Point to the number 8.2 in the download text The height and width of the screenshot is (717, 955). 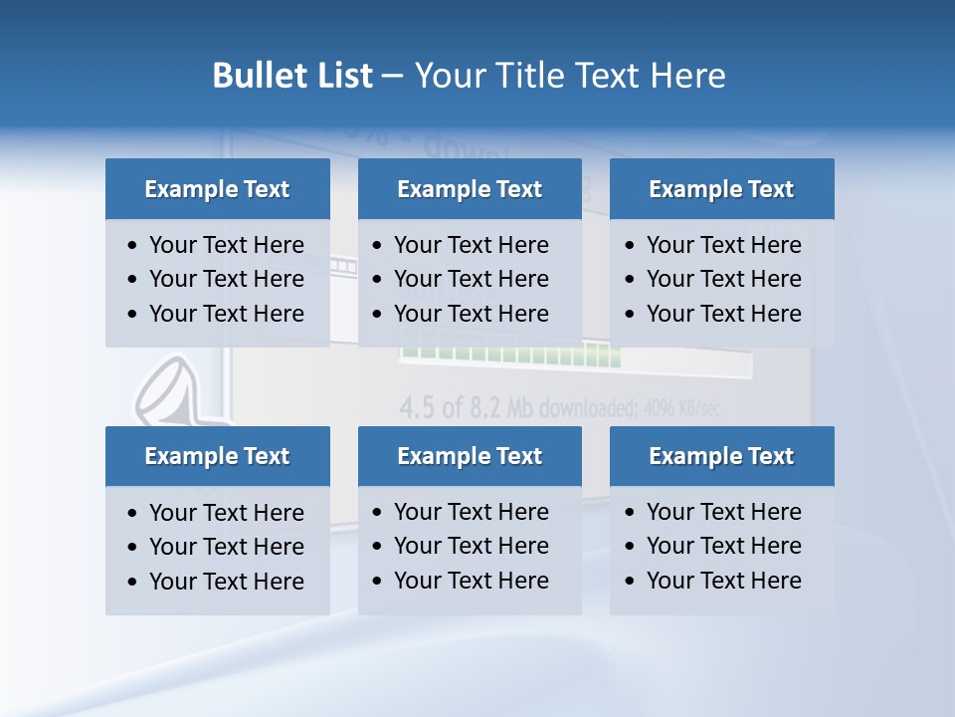coord(482,407)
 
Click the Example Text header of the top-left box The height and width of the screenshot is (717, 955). coord(217,189)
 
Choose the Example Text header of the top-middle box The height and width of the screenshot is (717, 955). coord(470,189)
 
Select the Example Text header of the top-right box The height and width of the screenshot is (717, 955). coord(721,189)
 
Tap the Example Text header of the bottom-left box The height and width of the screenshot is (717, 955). coord(217,456)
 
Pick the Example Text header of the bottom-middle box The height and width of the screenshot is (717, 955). coord(470,456)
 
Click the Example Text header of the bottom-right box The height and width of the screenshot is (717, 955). coord(721,456)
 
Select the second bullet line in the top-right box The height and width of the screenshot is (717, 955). coord(723,279)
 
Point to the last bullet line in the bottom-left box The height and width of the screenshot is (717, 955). coord(226,582)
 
